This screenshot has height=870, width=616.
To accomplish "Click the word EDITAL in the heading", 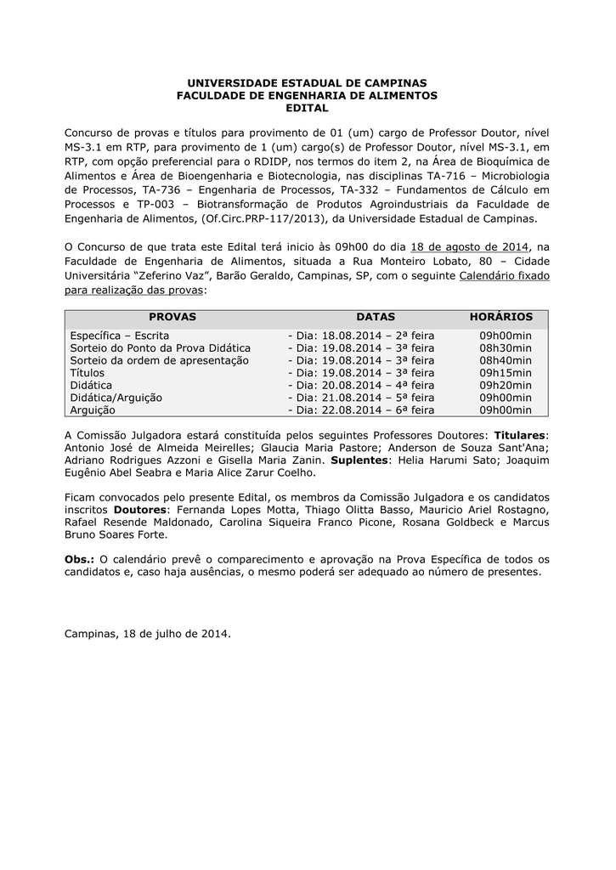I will click(x=307, y=109).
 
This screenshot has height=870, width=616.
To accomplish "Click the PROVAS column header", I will click(x=172, y=317).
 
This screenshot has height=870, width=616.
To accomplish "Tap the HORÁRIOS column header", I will click(x=501, y=317).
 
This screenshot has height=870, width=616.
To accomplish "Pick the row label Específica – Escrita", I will click(x=120, y=336).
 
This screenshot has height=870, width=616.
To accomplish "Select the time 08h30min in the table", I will click(x=506, y=348).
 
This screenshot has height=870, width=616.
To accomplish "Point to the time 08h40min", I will click(x=506, y=360).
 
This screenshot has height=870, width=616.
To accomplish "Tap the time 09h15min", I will click(x=506, y=373).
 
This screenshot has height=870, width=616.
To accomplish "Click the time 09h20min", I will click(x=506, y=385).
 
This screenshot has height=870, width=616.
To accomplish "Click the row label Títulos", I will click(x=88, y=373).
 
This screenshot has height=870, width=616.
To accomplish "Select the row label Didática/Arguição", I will click(x=116, y=398).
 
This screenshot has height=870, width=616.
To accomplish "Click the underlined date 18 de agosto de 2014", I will click(x=469, y=246).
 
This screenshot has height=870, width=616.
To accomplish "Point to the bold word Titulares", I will click(x=521, y=435).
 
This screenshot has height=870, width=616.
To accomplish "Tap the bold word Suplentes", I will click(x=361, y=460).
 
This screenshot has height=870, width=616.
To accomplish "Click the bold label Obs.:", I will click(x=80, y=559).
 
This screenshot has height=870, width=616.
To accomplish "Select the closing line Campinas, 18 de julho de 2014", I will click(x=148, y=634).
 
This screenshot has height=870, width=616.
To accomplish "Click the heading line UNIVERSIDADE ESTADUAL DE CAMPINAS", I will click(x=307, y=82).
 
